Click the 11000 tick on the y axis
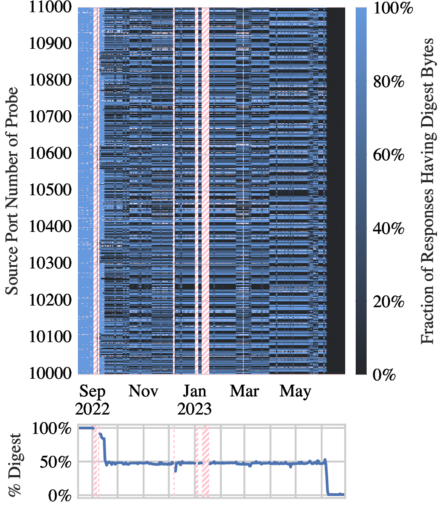[50, 8]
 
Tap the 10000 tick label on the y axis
[50, 373]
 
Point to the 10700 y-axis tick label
[50, 117]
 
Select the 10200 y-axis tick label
[50, 300]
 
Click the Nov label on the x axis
[143, 391]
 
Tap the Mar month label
[244, 391]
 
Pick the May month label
[296, 391]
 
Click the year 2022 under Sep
[92, 409]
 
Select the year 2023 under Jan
[194, 409]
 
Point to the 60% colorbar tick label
[389, 155]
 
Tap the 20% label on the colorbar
[389, 302]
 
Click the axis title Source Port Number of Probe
[13, 191]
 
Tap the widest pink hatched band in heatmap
[205, 191]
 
